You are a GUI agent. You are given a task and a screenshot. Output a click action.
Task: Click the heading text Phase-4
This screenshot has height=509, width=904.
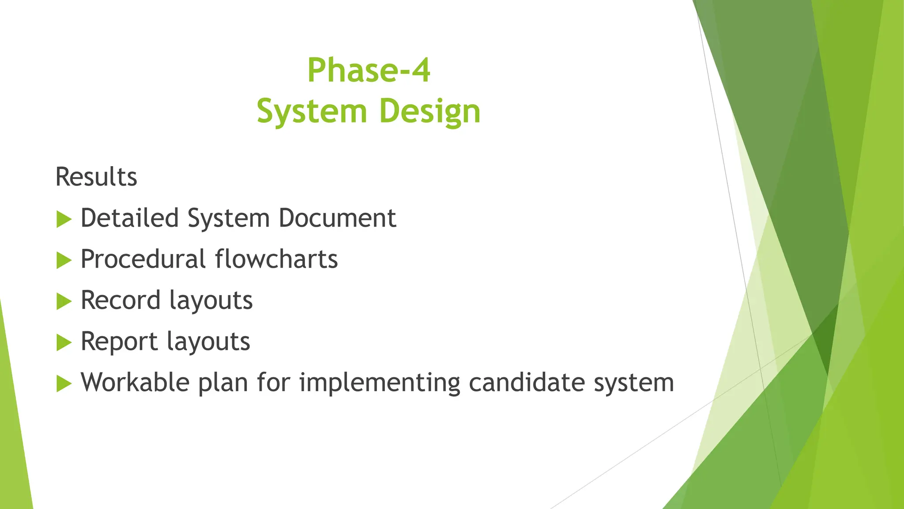point(369,70)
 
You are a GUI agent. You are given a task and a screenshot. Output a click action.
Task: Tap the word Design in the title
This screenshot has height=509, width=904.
point(429,111)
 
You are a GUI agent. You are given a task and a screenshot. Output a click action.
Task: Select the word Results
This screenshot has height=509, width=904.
point(96,177)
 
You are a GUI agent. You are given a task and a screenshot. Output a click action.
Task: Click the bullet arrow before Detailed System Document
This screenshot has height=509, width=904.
point(64,219)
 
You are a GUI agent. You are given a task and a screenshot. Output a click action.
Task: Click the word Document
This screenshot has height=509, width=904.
point(337,218)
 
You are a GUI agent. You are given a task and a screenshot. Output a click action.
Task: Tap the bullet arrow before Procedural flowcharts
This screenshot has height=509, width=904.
point(64,260)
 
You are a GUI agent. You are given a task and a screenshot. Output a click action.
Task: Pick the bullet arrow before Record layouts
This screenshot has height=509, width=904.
point(64,301)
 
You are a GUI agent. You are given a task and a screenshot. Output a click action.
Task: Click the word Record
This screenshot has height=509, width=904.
point(121,300)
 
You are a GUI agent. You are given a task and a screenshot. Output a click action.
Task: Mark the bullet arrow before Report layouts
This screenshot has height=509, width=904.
point(64,342)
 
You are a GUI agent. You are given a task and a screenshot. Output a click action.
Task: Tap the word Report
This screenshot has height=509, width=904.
point(119,342)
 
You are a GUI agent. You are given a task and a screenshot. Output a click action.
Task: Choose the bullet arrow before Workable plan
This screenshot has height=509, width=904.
point(64,384)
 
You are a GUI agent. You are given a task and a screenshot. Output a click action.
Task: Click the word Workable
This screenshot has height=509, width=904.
point(135,383)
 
